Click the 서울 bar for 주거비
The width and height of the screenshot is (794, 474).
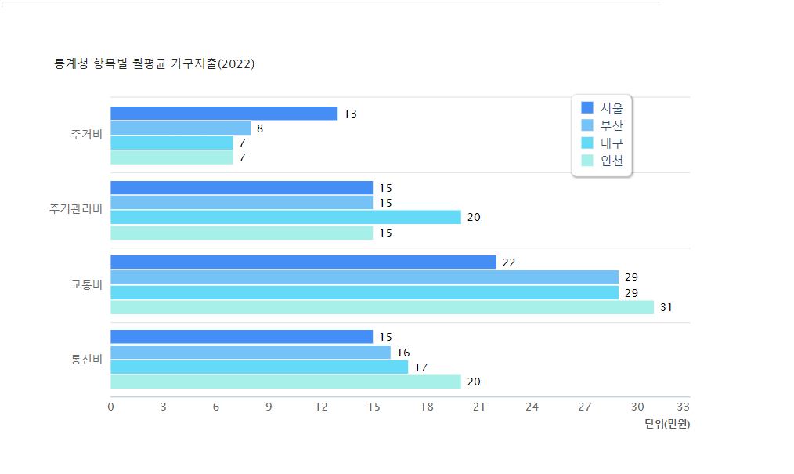tap(224, 114)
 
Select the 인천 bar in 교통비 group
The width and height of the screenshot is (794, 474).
tap(382, 307)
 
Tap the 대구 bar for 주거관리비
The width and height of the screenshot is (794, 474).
tap(286, 218)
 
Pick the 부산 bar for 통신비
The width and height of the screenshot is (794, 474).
tap(251, 353)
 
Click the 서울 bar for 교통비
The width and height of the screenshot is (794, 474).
tap(303, 262)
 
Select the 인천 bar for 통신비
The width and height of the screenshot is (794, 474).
tap(286, 382)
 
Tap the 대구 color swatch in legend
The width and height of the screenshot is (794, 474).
tap(587, 143)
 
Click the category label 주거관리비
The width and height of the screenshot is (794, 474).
tap(75, 210)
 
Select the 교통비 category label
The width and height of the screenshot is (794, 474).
tap(86, 284)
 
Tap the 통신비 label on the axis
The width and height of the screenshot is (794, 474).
tap(86, 360)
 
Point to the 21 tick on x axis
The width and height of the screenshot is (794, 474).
tap(479, 407)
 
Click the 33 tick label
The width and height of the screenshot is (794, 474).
tap(683, 407)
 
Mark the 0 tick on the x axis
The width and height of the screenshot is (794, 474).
tap(110, 407)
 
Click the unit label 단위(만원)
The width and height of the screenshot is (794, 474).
tap(667, 425)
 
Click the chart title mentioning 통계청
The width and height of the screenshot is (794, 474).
tap(154, 64)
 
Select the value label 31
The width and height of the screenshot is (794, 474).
tap(666, 308)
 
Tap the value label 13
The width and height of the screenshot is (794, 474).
tap(350, 114)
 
